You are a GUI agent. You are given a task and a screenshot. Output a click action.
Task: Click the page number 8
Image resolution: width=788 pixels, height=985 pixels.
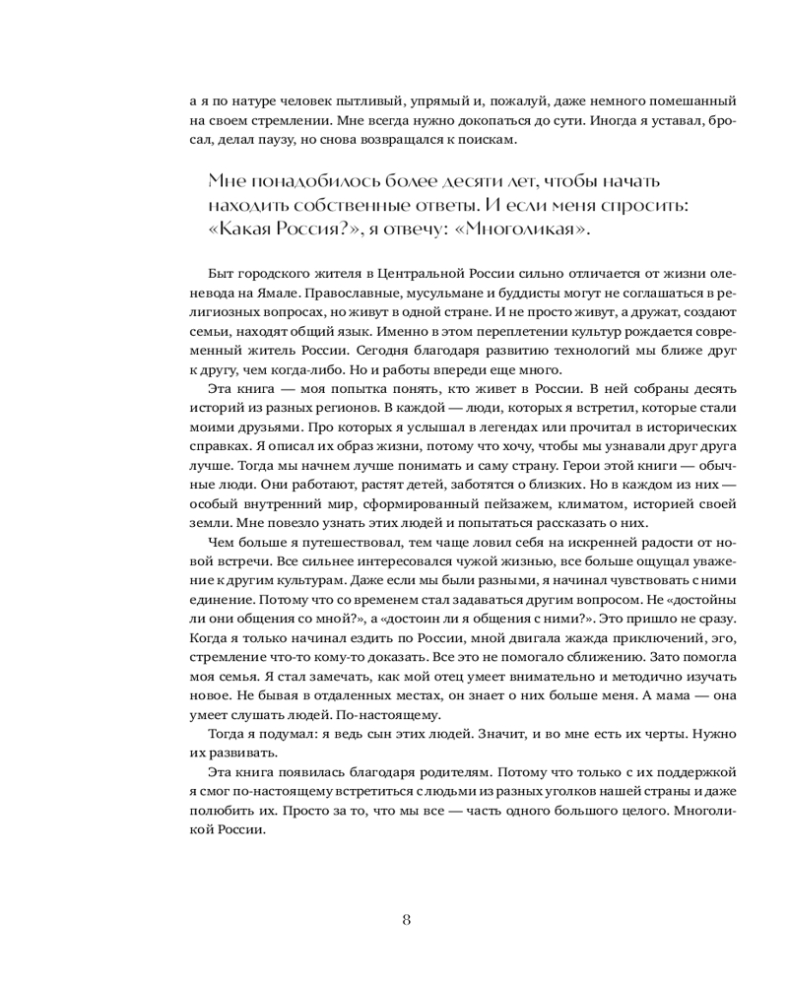[x=406, y=920]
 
